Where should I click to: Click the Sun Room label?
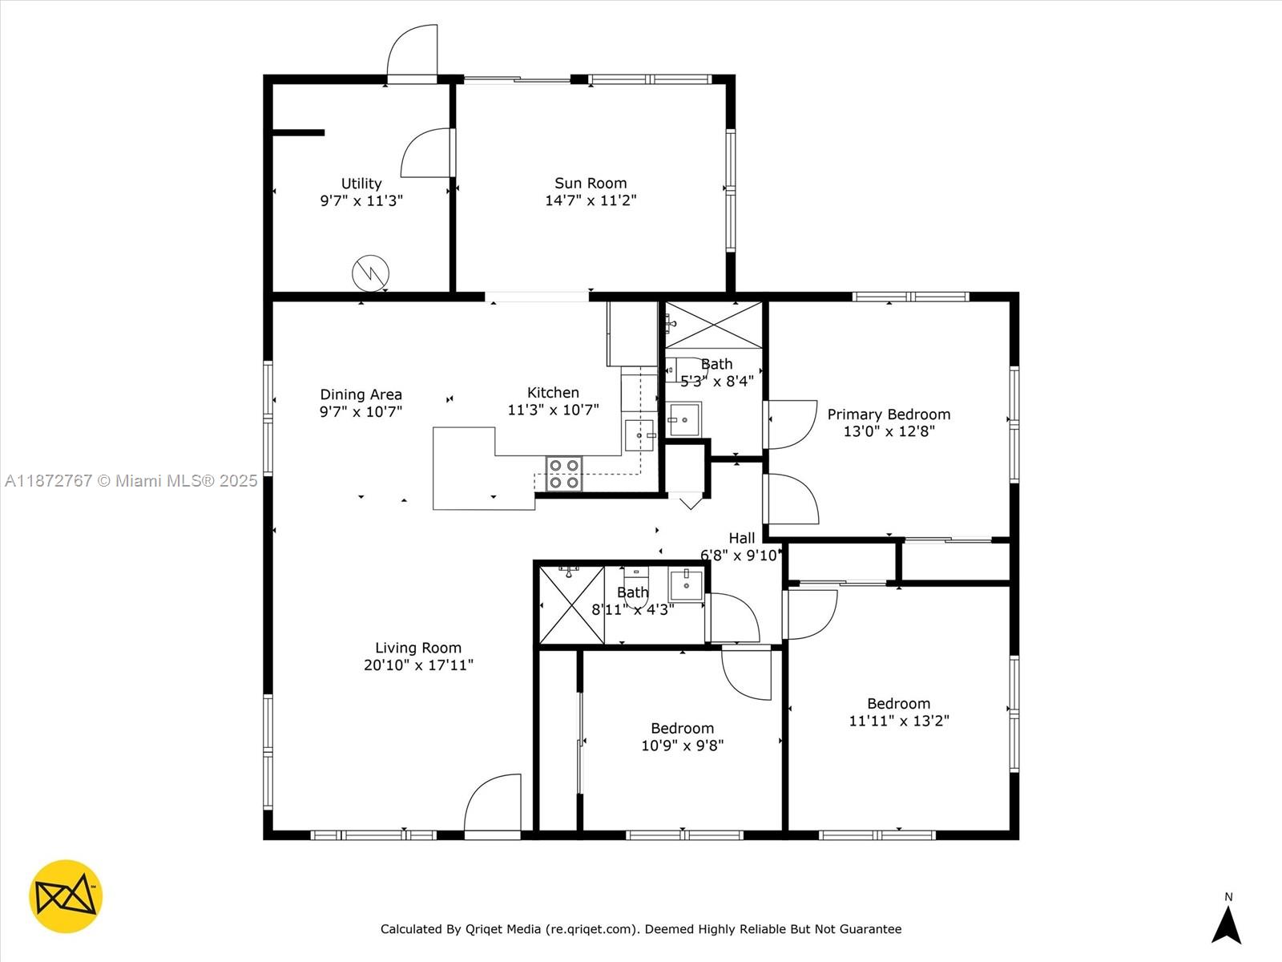click(591, 184)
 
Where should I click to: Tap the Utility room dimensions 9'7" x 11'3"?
click(361, 201)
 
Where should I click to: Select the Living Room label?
click(418, 648)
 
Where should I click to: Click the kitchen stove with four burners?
click(564, 474)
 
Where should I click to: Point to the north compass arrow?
click(1227, 924)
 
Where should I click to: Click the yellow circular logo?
click(66, 896)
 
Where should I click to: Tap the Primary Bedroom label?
click(889, 414)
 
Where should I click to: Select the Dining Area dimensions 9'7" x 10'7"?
click(361, 412)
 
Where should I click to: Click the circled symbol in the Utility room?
click(371, 273)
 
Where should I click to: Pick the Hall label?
click(741, 538)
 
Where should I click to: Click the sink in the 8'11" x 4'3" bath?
click(686, 585)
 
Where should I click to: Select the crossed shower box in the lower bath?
click(571, 605)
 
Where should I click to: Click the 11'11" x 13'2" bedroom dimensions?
click(898, 721)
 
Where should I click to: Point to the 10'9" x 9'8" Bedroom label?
click(682, 728)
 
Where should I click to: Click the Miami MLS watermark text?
click(131, 481)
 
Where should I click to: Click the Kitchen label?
click(553, 393)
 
